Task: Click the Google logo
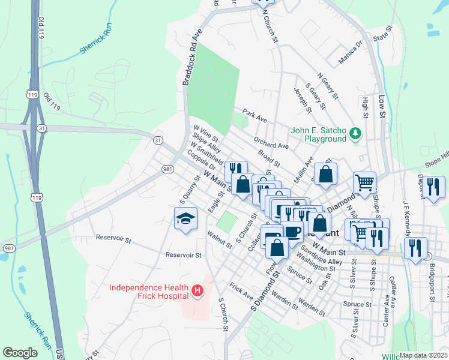(20, 353)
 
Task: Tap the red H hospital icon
(197, 292)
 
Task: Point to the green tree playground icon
(355, 132)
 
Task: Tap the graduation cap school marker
(185, 219)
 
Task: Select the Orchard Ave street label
(271, 142)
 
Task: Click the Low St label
(381, 105)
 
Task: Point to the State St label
(382, 37)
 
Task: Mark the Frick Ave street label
(240, 292)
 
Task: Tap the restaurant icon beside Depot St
(433, 187)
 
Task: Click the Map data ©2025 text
(423, 355)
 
